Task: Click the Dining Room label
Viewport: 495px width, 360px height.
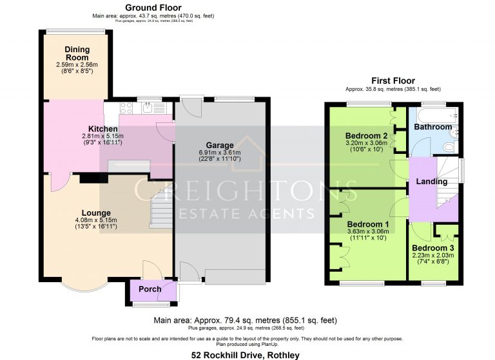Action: point(77,53)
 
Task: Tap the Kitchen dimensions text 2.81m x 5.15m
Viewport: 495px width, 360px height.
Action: point(102,137)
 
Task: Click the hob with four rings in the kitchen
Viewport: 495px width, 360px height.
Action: point(126,108)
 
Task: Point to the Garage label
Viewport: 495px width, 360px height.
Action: point(220,146)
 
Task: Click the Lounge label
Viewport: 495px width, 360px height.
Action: point(96,213)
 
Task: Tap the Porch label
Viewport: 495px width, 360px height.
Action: point(150,289)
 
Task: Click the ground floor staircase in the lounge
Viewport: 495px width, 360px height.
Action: point(161,209)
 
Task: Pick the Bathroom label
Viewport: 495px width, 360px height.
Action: point(433,127)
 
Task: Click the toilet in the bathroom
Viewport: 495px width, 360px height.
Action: point(449,147)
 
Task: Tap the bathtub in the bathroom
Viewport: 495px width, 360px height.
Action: point(438,115)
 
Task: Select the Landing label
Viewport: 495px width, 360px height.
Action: point(432,182)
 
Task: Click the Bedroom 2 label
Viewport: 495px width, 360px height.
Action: point(366,136)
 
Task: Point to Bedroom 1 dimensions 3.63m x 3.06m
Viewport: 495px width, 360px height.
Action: point(368,231)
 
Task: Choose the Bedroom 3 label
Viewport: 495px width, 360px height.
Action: point(433,248)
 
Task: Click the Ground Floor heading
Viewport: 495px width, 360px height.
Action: point(153,8)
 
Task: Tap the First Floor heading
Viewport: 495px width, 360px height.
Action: point(393,81)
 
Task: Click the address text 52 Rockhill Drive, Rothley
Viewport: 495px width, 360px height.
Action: point(246,355)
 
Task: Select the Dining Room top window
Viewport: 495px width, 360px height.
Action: point(75,32)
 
